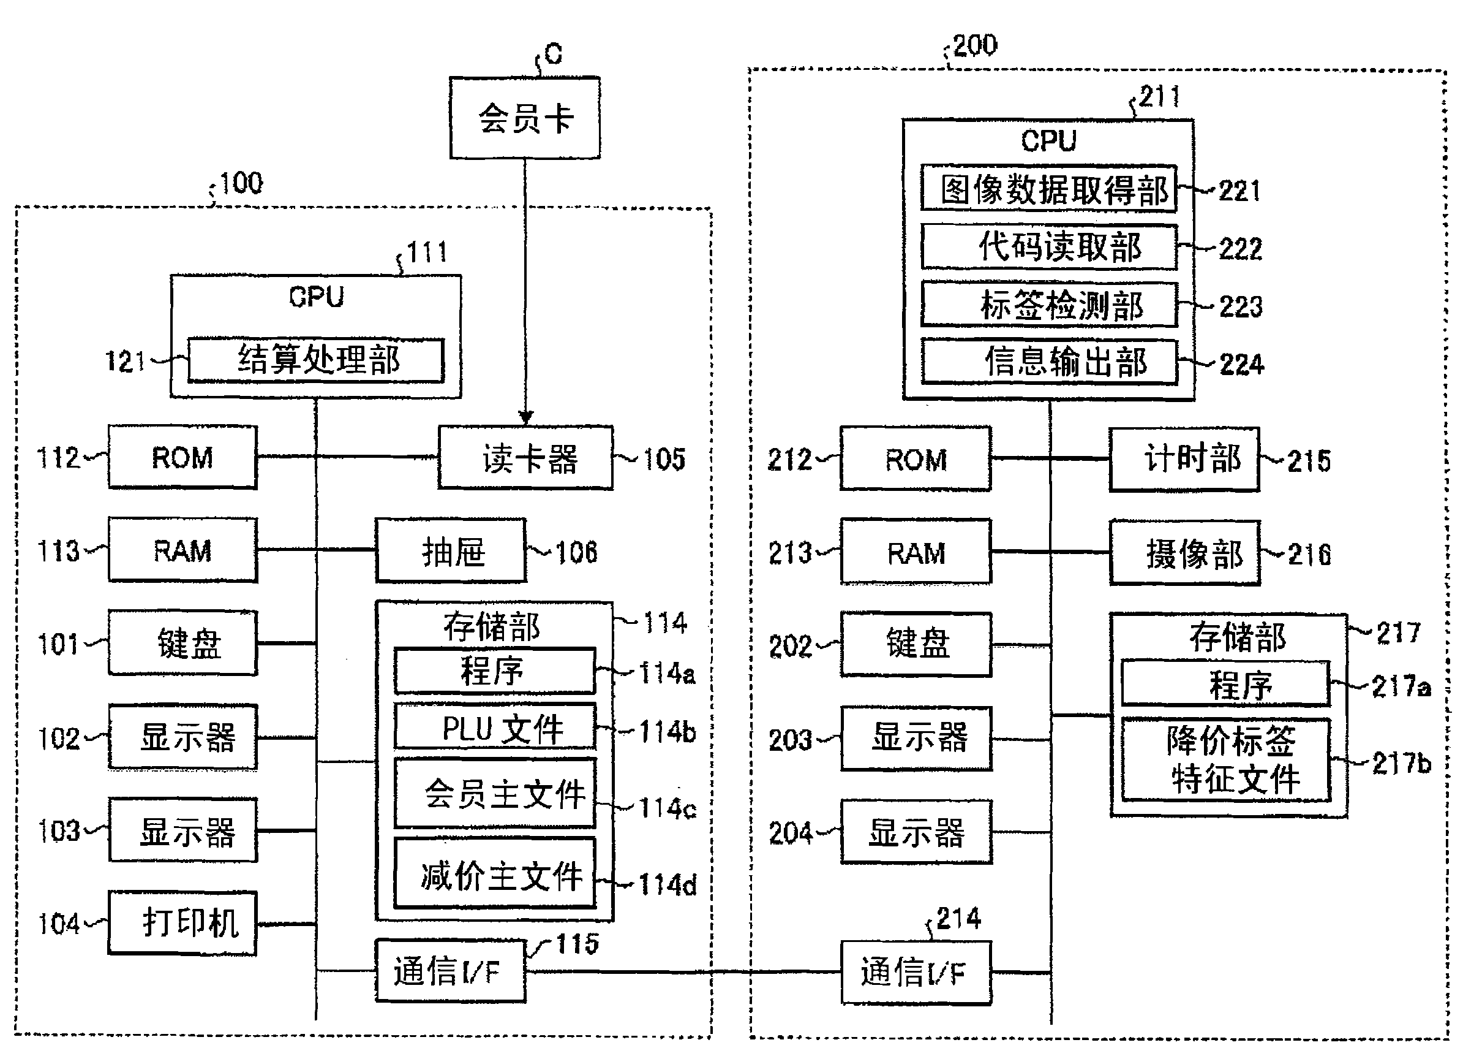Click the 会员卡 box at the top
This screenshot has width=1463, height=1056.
pyautogui.click(x=524, y=119)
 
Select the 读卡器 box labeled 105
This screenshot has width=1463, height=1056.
pyautogui.click(x=525, y=458)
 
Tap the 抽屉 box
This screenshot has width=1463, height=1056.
pyautogui.click(x=450, y=551)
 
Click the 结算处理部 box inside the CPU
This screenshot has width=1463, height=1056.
pyautogui.click(x=316, y=360)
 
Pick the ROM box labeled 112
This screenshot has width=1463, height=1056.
pyautogui.click(x=182, y=457)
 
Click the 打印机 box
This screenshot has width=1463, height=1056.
pyautogui.click(x=182, y=923)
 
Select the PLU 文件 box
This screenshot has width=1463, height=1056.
pyautogui.click(x=495, y=728)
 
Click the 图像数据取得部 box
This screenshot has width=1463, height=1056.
pyautogui.click(x=1049, y=189)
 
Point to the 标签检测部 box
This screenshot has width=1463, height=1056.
pyautogui.click(x=1049, y=305)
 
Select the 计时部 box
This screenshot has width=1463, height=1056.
pyautogui.click(x=1184, y=459)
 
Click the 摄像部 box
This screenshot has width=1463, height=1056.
pyautogui.click(x=1185, y=553)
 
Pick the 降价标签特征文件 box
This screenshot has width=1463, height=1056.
pyautogui.click(x=1226, y=760)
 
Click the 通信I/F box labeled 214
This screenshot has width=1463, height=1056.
pyautogui.click(x=916, y=973)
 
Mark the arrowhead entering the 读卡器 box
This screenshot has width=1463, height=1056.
pyautogui.click(x=525, y=418)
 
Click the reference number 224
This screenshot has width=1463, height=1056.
pyautogui.click(x=1242, y=365)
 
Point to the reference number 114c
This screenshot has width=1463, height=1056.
pyautogui.click(x=668, y=808)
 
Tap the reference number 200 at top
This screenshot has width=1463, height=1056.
pyautogui.click(x=975, y=46)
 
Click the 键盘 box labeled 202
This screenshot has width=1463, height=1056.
pyautogui.click(x=916, y=644)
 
